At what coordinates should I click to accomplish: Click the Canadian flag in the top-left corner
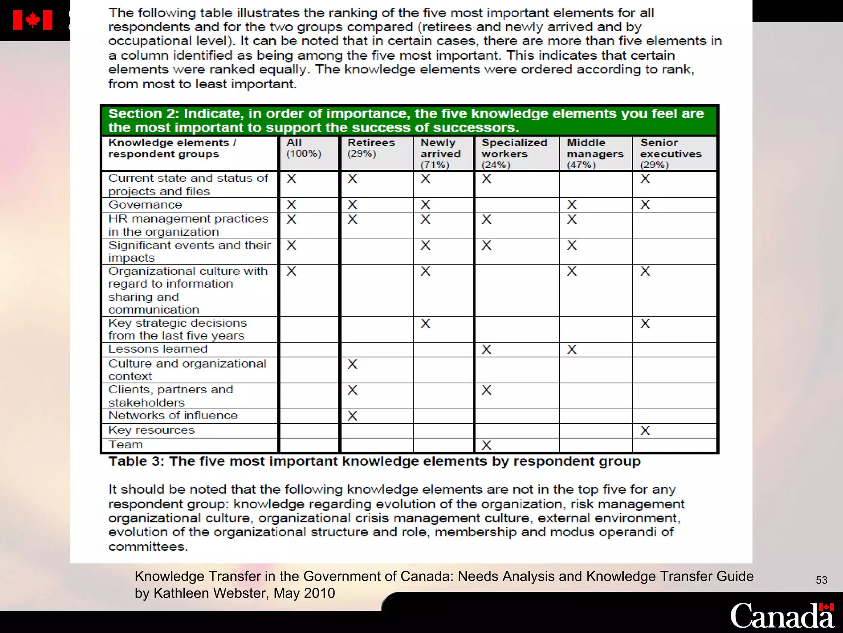[33, 20]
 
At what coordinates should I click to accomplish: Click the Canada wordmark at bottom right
[782, 615]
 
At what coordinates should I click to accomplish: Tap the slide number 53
[821, 580]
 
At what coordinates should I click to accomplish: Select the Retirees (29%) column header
[370, 148]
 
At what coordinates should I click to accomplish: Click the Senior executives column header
[671, 153]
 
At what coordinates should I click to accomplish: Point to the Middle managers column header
[595, 153]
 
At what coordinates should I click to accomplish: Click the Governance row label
[145, 205]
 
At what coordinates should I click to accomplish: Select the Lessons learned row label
[158, 349]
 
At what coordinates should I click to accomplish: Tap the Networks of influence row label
[173, 415]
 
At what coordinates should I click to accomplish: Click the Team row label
[126, 445]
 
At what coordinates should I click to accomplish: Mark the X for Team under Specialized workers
[487, 445]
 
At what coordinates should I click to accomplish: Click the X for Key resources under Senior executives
[645, 431]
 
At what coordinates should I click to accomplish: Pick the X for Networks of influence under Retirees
[352, 416]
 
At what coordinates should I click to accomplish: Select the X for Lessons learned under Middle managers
[572, 349]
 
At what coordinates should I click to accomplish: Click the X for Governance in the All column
[291, 205]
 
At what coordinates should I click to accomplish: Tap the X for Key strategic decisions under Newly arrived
[425, 324]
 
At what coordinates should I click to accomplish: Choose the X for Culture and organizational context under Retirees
[352, 364]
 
